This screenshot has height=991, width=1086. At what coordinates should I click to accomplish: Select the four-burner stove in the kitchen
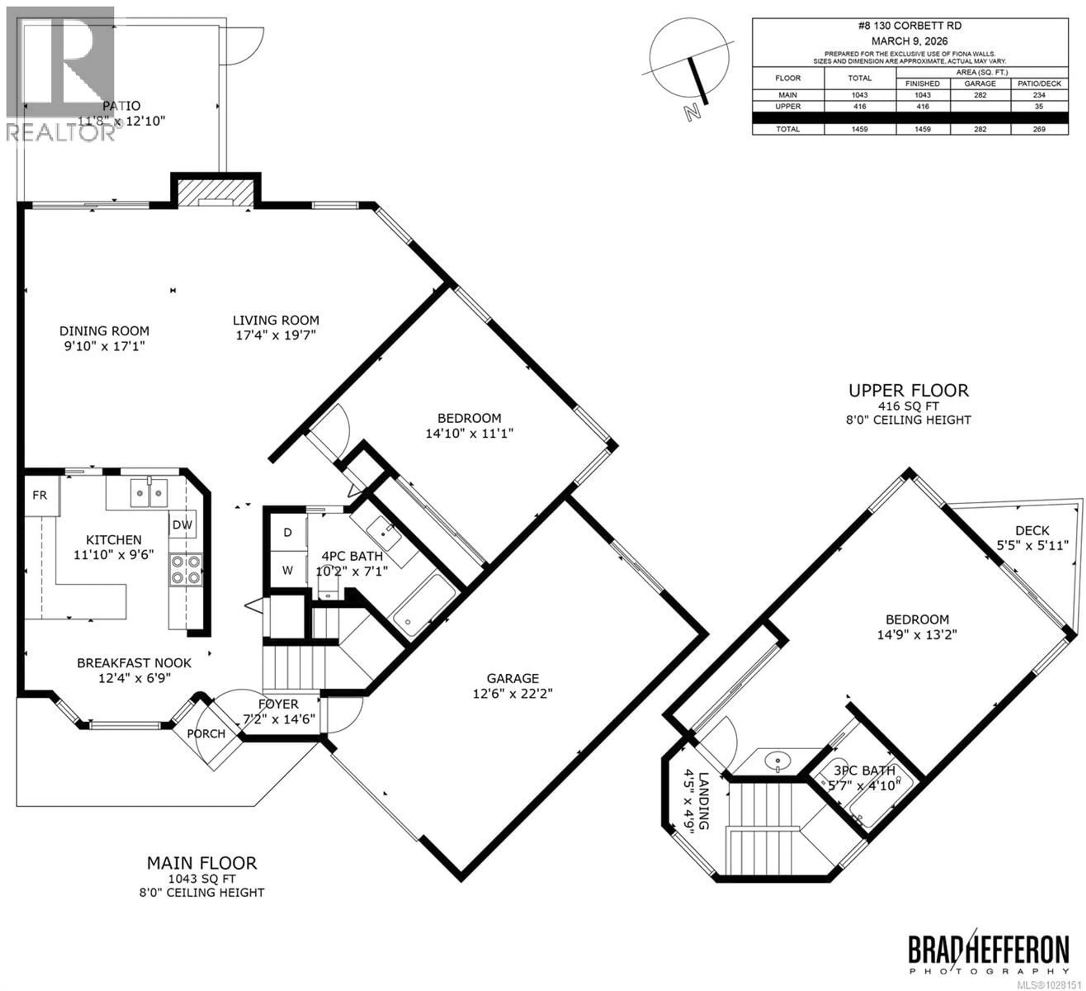point(185,570)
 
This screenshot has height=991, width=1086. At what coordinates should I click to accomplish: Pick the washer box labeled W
point(288,570)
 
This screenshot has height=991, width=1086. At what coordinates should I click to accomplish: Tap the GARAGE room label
point(512,679)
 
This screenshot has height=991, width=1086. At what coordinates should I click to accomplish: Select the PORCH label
point(206,734)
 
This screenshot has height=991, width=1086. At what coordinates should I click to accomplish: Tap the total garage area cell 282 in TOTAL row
point(980,129)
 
